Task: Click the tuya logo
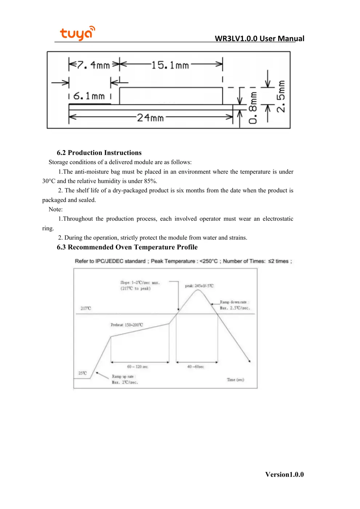(x=77, y=33)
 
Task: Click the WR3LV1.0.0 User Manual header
(x=259, y=39)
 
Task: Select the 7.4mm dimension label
(x=93, y=65)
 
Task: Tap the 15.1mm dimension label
(x=170, y=65)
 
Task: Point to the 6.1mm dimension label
(x=89, y=96)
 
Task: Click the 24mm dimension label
(x=150, y=117)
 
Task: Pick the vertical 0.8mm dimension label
(x=253, y=108)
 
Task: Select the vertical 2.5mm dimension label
(x=281, y=96)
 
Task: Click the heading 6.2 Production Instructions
(x=99, y=153)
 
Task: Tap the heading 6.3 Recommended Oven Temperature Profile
(x=127, y=247)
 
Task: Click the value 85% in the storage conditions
(x=150, y=181)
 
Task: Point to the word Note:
(x=56, y=209)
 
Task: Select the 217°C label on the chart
(x=86, y=308)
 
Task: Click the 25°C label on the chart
(x=83, y=373)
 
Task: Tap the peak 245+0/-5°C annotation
(x=199, y=286)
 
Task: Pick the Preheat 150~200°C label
(x=127, y=325)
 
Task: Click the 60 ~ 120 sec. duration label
(x=137, y=367)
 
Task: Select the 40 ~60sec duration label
(x=195, y=367)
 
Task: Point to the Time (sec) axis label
(x=235, y=380)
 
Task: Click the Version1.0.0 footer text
(x=284, y=474)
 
